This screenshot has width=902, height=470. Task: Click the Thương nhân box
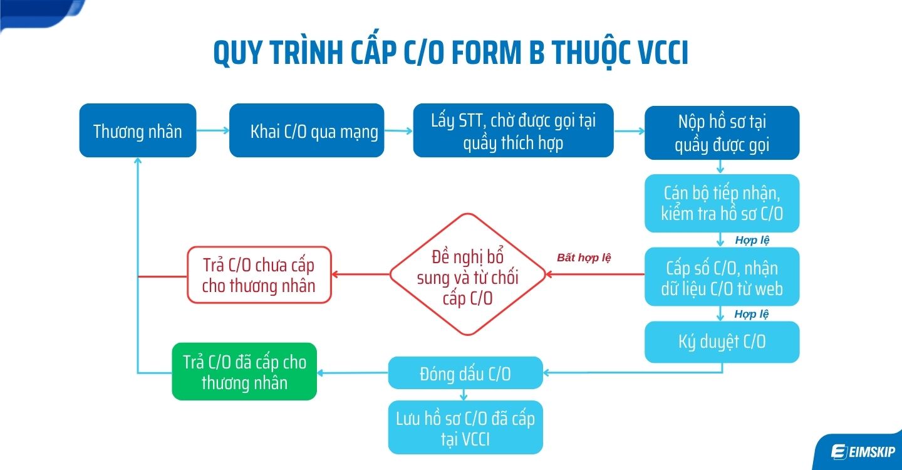(x=138, y=130)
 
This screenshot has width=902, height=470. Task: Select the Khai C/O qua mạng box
(x=306, y=130)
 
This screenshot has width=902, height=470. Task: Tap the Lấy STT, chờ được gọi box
(x=513, y=130)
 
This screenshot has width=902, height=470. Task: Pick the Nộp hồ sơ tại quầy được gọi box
(x=722, y=133)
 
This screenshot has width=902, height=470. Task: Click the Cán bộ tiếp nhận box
(x=722, y=203)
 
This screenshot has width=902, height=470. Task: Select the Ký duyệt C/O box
(x=722, y=342)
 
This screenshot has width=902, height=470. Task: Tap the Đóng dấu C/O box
(x=465, y=373)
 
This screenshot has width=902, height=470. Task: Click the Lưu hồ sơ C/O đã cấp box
(x=465, y=427)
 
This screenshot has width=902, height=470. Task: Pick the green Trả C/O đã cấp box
(x=244, y=372)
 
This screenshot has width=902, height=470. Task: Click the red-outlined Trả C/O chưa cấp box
(x=259, y=274)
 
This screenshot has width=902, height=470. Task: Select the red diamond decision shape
(x=467, y=274)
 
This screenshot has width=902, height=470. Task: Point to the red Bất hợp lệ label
(x=584, y=257)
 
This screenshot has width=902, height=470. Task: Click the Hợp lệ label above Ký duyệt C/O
(x=752, y=314)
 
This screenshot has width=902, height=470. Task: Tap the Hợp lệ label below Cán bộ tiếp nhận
(x=752, y=240)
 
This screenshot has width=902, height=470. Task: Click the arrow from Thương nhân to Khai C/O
(x=212, y=131)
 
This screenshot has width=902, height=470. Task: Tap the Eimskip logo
(x=862, y=451)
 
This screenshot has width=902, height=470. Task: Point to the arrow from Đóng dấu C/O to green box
(x=352, y=373)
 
